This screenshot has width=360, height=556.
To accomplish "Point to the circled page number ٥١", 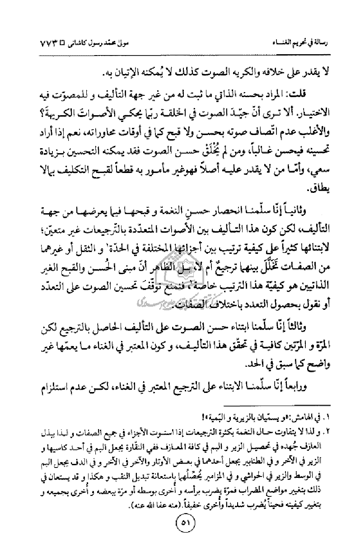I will [x=179, y=533].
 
